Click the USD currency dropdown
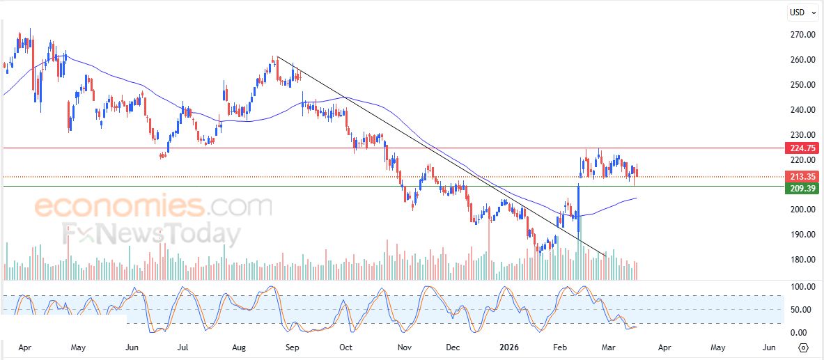[x=802, y=13]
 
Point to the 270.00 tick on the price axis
[x=798, y=34]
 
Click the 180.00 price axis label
[x=798, y=260]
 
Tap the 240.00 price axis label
[x=798, y=109]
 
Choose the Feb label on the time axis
[x=559, y=346]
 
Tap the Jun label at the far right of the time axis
[x=769, y=346]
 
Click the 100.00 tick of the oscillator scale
[x=798, y=287]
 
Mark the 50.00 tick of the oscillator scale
[x=798, y=309]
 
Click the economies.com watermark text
[x=153, y=206]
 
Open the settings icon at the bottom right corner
[x=803, y=347]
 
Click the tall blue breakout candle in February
[x=578, y=209]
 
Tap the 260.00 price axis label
[x=798, y=59]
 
